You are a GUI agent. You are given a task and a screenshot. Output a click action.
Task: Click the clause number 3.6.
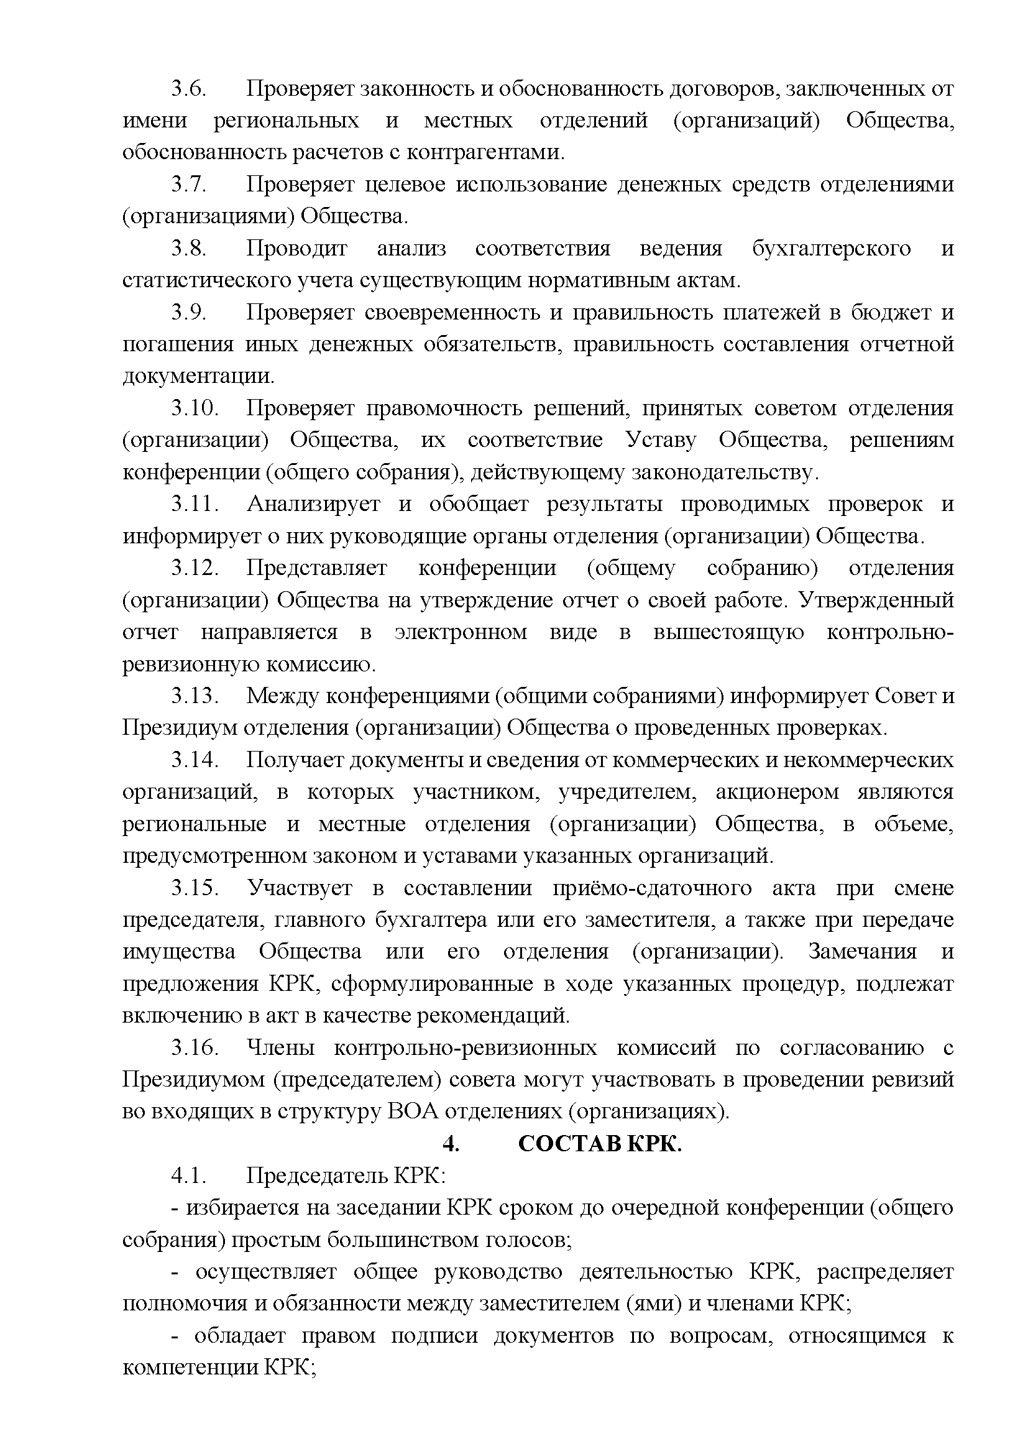point(189,89)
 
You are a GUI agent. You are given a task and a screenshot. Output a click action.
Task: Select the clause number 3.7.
point(189,184)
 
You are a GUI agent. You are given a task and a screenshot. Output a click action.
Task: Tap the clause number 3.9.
point(189,312)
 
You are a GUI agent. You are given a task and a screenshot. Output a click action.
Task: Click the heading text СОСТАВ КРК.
point(599,1144)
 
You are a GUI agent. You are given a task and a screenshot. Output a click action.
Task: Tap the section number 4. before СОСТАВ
point(450,1144)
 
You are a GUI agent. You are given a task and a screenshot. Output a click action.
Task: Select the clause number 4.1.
point(189,1176)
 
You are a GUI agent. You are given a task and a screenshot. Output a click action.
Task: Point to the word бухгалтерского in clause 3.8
point(831,248)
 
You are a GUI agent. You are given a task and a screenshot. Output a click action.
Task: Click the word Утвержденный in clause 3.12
point(877,600)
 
